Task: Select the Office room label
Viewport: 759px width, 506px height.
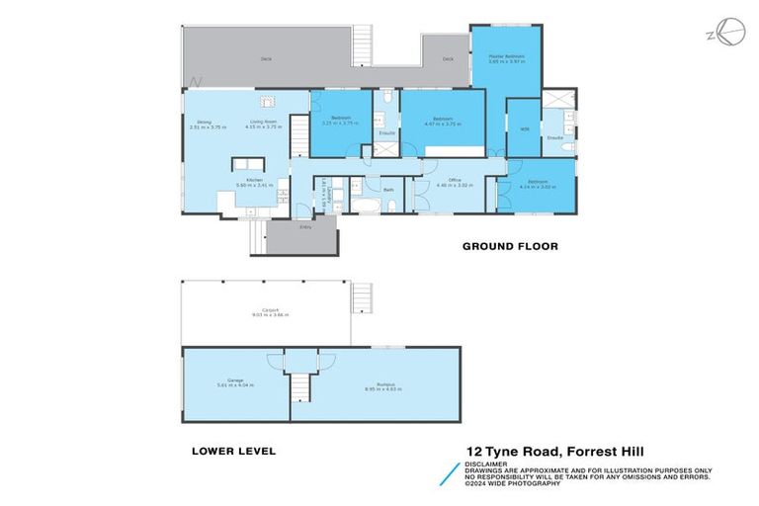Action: pos(455,180)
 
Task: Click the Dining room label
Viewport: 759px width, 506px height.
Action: pos(204,123)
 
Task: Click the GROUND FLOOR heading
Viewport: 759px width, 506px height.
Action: pos(510,246)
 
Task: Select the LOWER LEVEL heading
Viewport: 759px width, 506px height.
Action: pos(233,451)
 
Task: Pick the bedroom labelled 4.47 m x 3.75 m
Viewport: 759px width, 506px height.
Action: pos(443,121)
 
